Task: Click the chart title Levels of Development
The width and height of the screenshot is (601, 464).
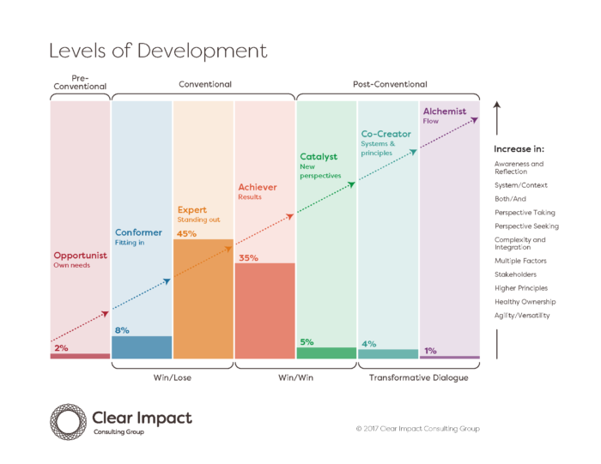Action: (157, 51)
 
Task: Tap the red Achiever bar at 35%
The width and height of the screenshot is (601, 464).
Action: (264, 310)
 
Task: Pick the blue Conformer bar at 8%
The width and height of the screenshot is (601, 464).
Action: (142, 346)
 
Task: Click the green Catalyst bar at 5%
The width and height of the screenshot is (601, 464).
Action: (326, 353)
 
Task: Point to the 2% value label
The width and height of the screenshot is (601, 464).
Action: (60, 347)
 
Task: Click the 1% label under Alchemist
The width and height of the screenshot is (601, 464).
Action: (429, 350)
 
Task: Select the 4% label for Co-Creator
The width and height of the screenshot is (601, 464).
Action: (368, 343)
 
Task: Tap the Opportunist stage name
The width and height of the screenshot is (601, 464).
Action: (80, 255)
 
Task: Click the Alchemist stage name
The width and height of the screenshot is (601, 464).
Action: (445, 111)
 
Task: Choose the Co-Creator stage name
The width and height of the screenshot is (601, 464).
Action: (385, 135)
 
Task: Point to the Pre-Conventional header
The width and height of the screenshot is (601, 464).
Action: (80, 82)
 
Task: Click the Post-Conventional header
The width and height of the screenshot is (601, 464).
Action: (390, 84)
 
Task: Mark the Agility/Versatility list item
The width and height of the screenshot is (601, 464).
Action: (522, 316)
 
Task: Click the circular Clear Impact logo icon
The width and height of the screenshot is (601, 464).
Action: (66, 421)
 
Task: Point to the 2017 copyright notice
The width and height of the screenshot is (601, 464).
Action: (417, 428)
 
